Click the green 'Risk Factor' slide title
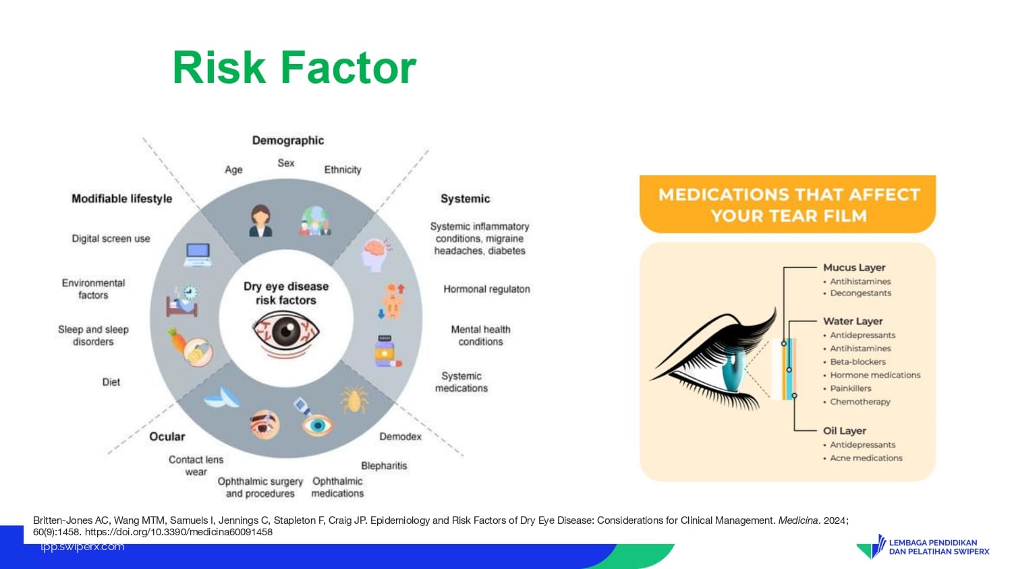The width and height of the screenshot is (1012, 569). click(x=294, y=67)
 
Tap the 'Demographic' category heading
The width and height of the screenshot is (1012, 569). click(x=288, y=140)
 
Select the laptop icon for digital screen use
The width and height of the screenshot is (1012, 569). click(x=198, y=255)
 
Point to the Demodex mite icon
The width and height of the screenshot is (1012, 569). click(x=354, y=400)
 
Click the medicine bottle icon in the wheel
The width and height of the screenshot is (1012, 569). click(x=387, y=351)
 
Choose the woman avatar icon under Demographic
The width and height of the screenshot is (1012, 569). click(x=260, y=221)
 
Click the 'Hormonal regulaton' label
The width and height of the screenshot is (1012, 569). click(x=486, y=289)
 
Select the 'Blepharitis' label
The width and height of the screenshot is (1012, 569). click(x=384, y=466)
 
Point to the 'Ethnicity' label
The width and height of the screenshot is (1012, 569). click(x=343, y=170)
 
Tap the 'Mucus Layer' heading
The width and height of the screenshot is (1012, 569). click(x=854, y=268)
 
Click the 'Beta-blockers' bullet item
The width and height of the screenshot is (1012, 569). click(x=858, y=362)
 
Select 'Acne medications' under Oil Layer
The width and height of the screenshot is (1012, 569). click(x=866, y=458)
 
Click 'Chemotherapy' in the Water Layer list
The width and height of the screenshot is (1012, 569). click(x=860, y=401)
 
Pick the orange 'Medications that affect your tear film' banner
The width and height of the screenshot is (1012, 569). click(x=787, y=204)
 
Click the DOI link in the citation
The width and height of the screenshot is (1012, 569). click(x=179, y=532)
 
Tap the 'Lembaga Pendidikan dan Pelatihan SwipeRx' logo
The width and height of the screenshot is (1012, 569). click(x=922, y=547)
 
